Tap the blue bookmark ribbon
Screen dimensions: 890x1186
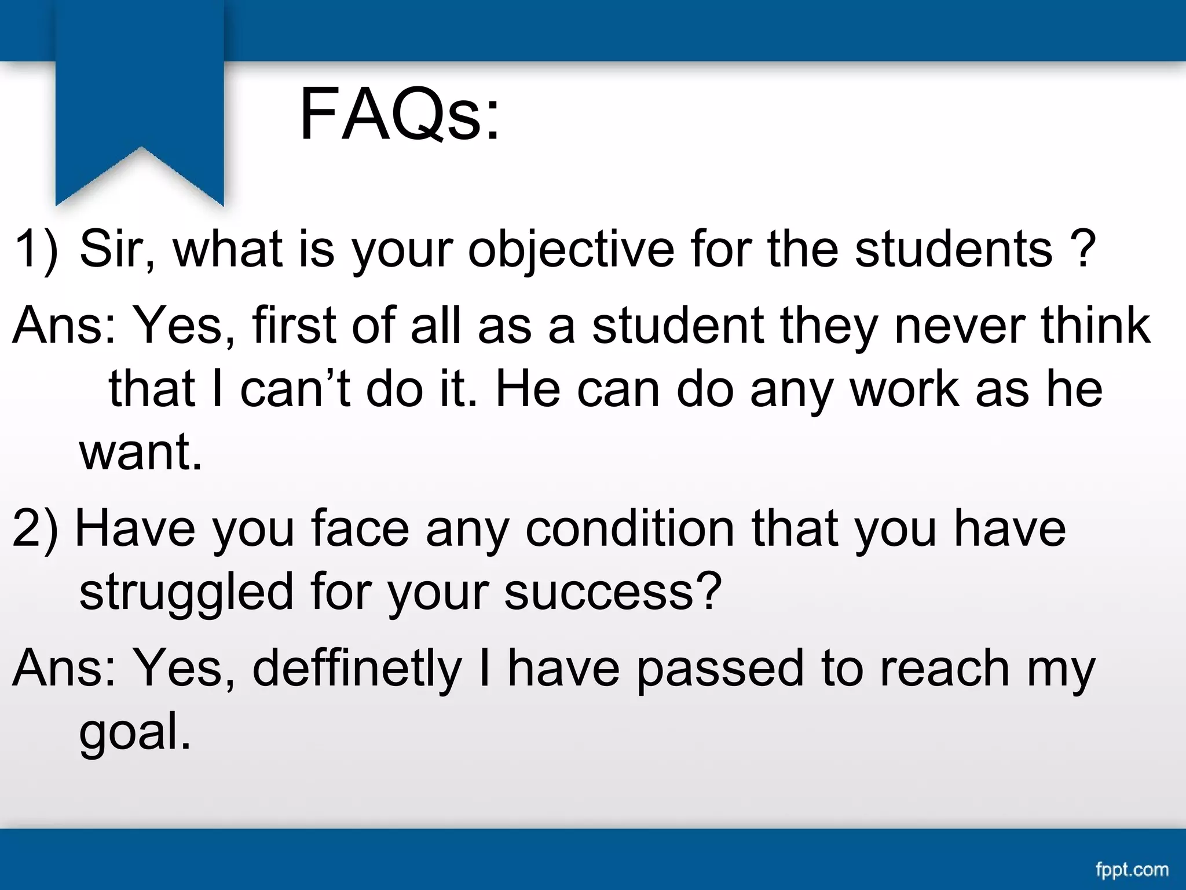(140, 99)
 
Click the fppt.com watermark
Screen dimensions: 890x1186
(1132, 869)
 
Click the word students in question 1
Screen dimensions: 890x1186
(953, 249)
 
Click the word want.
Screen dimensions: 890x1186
(141, 453)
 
